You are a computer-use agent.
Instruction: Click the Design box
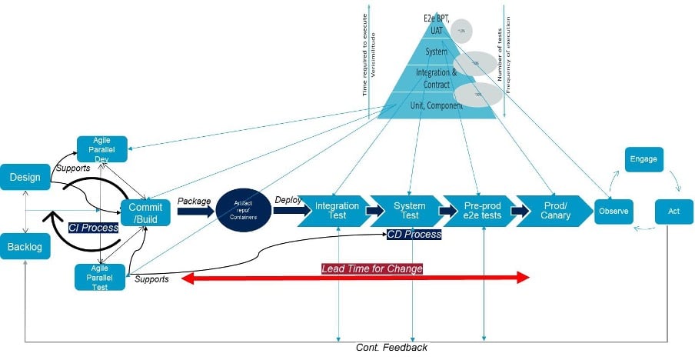(x=25, y=178)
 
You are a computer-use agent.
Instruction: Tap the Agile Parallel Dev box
(x=101, y=148)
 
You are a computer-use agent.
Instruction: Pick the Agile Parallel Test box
(x=100, y=276)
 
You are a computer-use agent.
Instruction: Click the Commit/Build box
(x=145, y=212)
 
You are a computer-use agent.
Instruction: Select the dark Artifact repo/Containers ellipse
(x=241, y=212)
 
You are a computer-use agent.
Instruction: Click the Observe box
(x=614, y=211)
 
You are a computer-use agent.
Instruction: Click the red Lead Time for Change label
(x=372, y=268)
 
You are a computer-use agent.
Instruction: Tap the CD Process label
(x=414, y=234)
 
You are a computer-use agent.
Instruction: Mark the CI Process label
(x=93, y=228)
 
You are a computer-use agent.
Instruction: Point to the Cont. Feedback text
(x=391, y=348)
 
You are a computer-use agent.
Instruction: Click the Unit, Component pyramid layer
(x=434, y=105)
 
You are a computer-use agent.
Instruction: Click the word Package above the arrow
(x=195, y=200)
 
